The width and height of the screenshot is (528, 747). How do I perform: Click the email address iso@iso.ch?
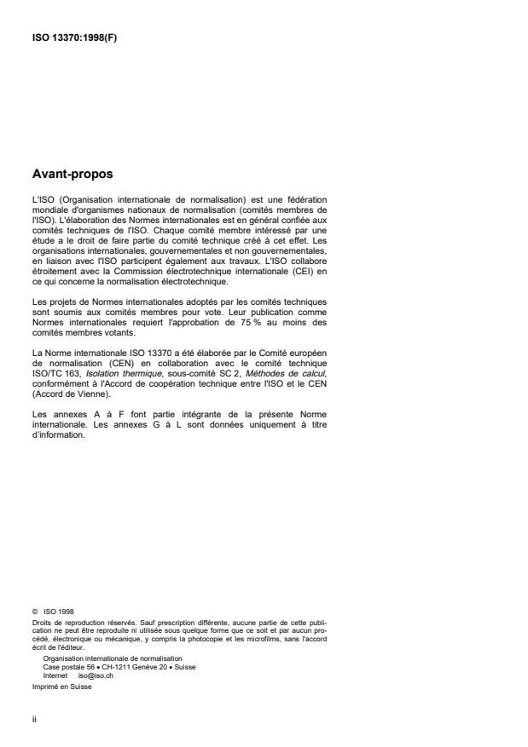coord(96,674)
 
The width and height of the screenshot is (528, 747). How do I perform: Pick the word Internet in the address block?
coord(55,674)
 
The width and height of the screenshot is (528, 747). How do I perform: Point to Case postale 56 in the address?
coord(64,667)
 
